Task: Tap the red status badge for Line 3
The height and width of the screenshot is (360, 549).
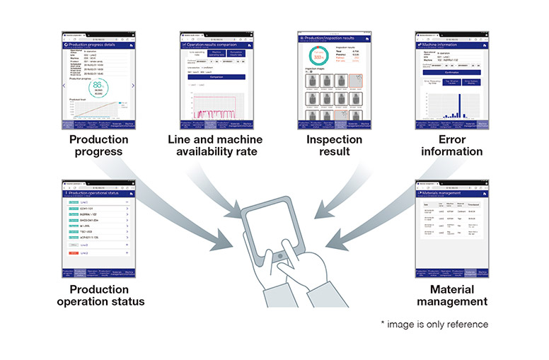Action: [74, 252]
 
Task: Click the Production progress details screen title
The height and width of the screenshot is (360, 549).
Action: [97, 43]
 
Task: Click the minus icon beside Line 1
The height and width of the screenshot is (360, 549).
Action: [126, 202]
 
